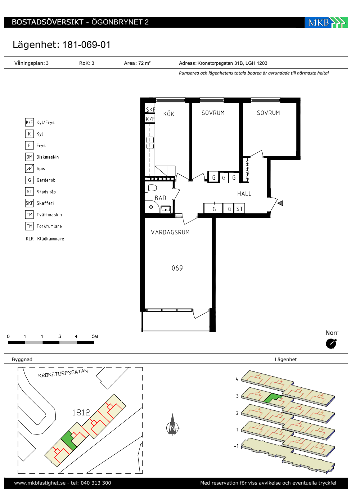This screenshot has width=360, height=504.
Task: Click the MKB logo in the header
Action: click(326, 22)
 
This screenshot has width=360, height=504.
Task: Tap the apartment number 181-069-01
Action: click(86, 45)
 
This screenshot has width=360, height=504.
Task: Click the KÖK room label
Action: click(168, 114)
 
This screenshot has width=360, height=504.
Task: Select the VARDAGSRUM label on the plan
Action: click(170, 232)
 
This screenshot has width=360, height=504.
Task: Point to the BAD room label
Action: click(160, 198)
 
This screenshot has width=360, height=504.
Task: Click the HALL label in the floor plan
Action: click(244, 194)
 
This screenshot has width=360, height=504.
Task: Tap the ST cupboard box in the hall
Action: click(239, 208)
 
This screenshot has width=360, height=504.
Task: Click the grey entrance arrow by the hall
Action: click(280, 203)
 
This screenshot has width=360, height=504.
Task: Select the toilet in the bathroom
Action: click(152, 188)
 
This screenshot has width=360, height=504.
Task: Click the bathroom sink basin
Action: click(165, 209)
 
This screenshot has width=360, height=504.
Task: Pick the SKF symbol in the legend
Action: click(29, 203)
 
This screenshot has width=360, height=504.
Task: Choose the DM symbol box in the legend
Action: click(29, 157)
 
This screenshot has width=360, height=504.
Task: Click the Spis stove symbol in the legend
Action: click(29, 168)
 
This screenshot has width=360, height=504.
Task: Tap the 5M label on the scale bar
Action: click(95, 336)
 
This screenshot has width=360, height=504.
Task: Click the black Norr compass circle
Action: click(331, 344)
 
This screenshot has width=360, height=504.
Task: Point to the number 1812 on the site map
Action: click(81, 413)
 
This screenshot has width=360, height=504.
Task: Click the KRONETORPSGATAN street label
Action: click(63, 373)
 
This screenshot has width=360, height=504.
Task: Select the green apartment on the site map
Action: click(69, 440)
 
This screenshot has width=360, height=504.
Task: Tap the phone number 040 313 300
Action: click(96, 483)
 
